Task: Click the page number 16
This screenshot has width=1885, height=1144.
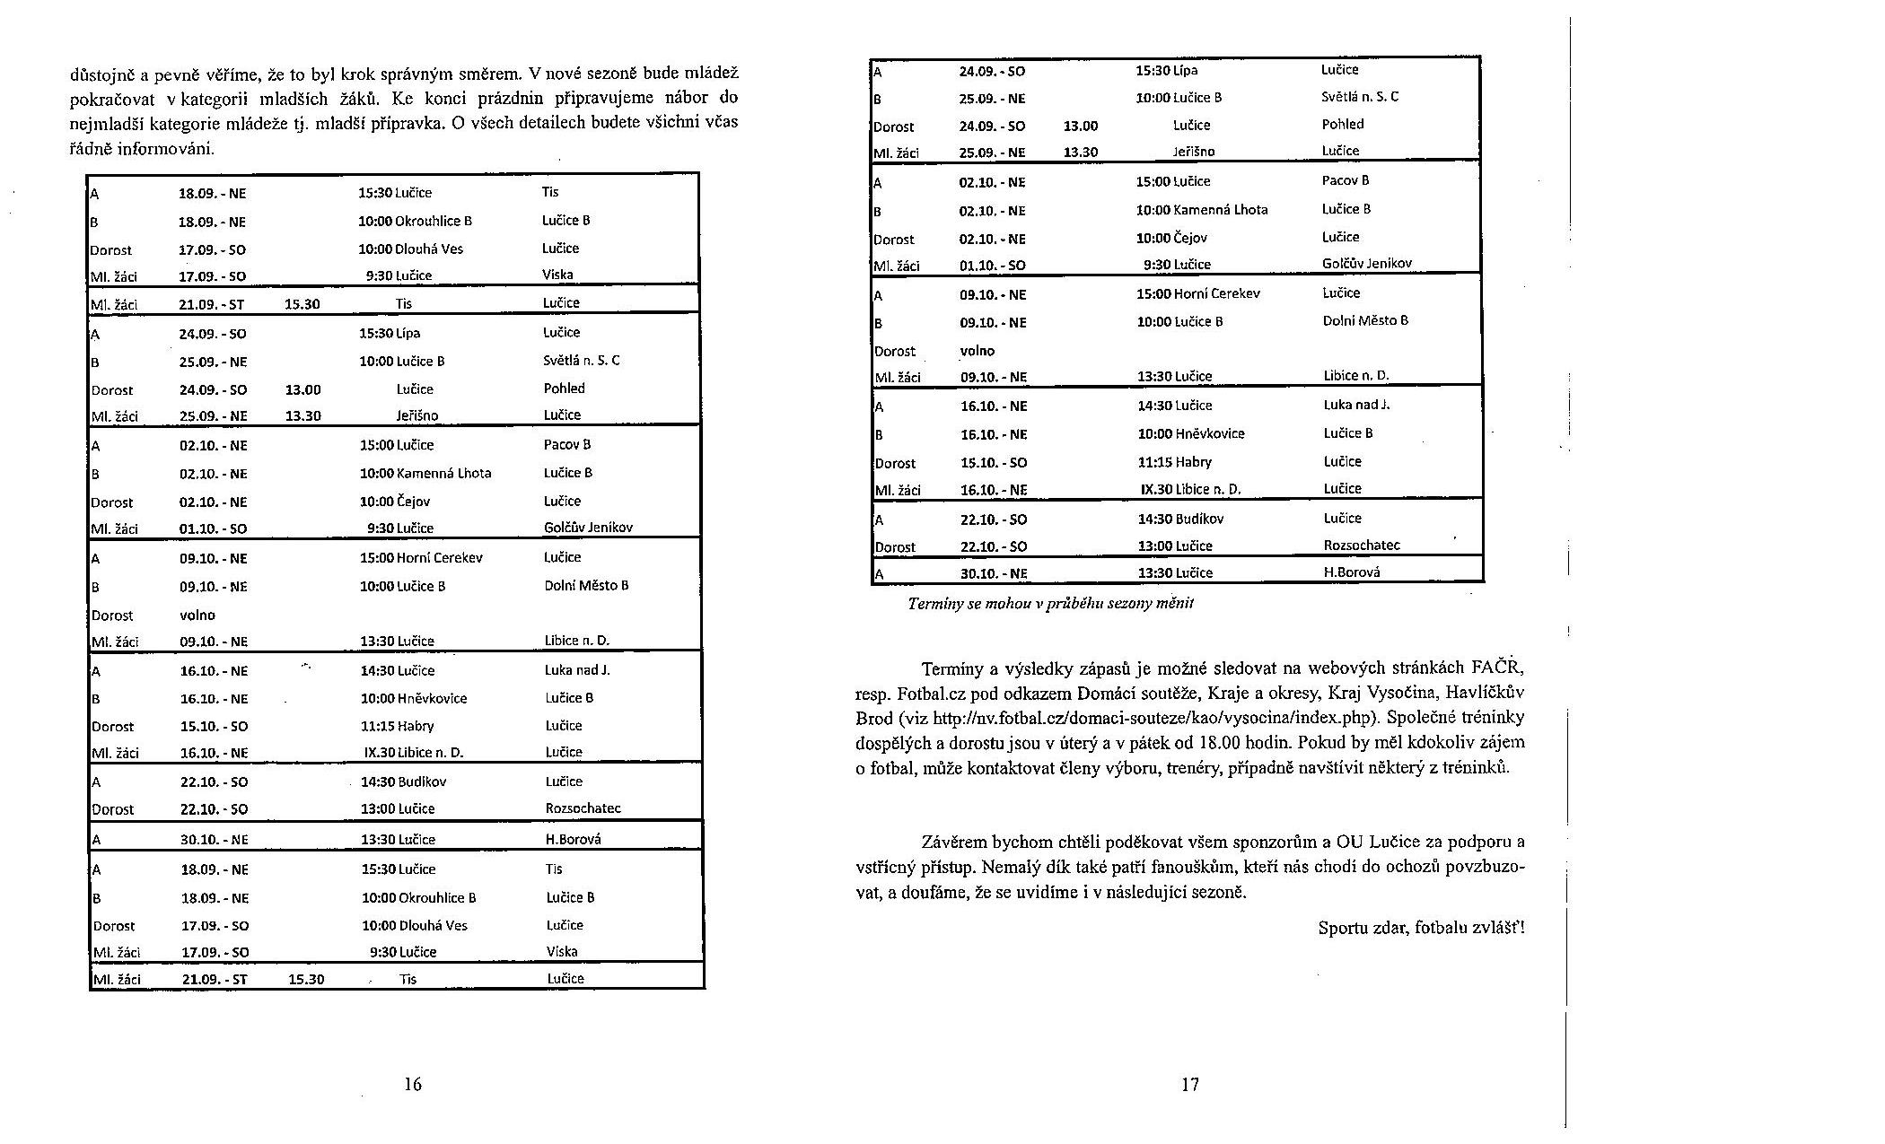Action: click(412, 1084)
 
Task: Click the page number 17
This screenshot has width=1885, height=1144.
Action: click(1189, 1084)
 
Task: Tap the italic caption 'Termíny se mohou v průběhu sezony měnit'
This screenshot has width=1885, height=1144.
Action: click(1050, 604)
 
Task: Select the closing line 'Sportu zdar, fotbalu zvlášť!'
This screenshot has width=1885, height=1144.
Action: click(1421, 928)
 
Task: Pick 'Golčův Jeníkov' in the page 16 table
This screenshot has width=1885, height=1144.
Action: click(588, 528)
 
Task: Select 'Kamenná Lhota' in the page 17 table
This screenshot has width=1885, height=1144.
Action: click(1221, 210)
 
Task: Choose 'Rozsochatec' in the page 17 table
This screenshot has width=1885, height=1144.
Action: click(1361, 546)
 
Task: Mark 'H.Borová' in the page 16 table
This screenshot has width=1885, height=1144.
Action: click(573, 840)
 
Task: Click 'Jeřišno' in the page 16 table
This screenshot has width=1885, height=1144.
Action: click(417, 415)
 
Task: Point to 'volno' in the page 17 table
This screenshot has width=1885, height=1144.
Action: click(977, 351)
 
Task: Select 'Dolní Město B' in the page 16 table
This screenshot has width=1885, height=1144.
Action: click(586, 586)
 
